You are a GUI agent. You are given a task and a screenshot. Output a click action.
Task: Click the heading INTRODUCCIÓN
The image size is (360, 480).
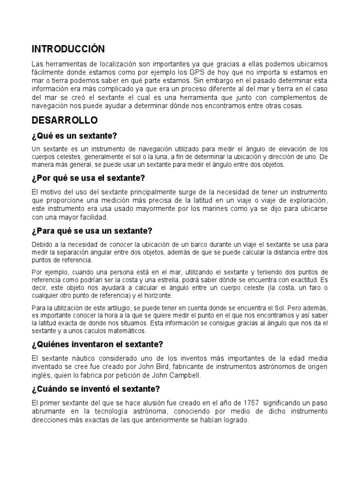click(68, 49)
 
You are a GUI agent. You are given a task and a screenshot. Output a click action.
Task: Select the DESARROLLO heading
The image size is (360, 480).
click(65, 120)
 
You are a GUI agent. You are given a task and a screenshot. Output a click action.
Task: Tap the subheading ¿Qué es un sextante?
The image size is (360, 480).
click(74, 136)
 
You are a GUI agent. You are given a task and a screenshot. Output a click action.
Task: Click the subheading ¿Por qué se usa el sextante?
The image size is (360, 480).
click(89, 178)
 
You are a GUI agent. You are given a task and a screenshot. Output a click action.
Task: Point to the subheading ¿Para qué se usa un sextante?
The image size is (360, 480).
click(92, 231)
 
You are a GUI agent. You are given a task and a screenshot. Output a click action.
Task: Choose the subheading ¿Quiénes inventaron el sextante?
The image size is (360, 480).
click(97, 344)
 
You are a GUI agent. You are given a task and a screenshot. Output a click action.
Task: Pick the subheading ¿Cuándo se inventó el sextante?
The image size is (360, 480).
click(96, 389)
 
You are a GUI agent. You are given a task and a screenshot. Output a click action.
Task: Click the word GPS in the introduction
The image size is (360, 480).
click(195, 72)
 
